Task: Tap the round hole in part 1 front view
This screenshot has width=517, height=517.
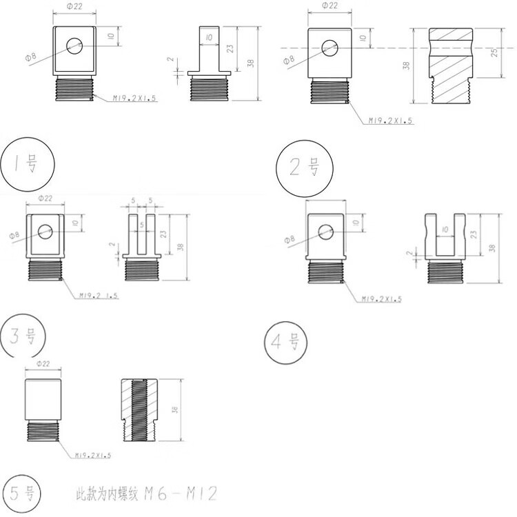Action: pos(74,46)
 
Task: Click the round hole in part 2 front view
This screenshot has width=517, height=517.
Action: pos(329,47)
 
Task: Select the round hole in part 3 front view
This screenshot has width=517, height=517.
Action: pos(45,231)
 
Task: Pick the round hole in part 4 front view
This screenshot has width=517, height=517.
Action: pos(325,230)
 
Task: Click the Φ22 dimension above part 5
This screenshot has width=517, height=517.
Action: pos(42,364)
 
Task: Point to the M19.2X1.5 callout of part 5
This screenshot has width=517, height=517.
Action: pos(93,455)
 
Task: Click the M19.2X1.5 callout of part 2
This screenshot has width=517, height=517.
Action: pos(389,121)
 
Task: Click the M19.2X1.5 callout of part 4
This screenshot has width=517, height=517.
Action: pos(383,298)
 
